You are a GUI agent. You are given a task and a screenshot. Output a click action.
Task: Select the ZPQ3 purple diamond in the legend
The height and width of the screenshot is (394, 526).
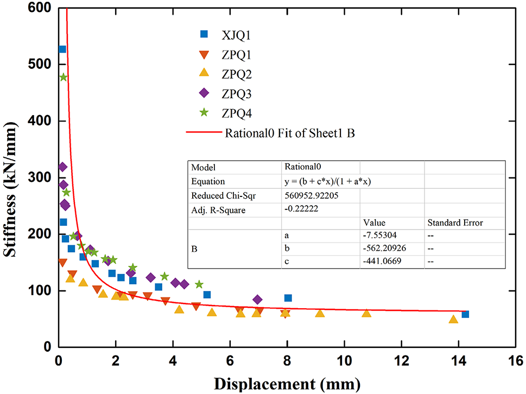tap(205, 93)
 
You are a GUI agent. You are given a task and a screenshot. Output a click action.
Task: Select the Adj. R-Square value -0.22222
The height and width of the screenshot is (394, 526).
tap(302, 209)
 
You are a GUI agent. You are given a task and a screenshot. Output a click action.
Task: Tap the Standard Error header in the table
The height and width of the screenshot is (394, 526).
tap(455, 223)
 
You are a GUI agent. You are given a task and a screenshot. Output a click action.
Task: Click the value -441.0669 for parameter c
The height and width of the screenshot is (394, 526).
tap(383, 262)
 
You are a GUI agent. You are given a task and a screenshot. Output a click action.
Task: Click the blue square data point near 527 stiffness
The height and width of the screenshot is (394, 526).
tap(62, 49)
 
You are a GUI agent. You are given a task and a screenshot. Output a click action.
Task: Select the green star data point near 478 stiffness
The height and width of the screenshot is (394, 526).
tap(64, 77)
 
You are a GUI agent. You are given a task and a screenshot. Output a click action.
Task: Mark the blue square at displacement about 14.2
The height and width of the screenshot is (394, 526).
tap(465, 314)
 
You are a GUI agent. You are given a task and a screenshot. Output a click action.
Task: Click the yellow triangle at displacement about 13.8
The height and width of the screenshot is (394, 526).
tap(453, 319)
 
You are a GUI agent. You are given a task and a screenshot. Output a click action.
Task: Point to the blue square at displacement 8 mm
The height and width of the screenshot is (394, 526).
tap(288, 298)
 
